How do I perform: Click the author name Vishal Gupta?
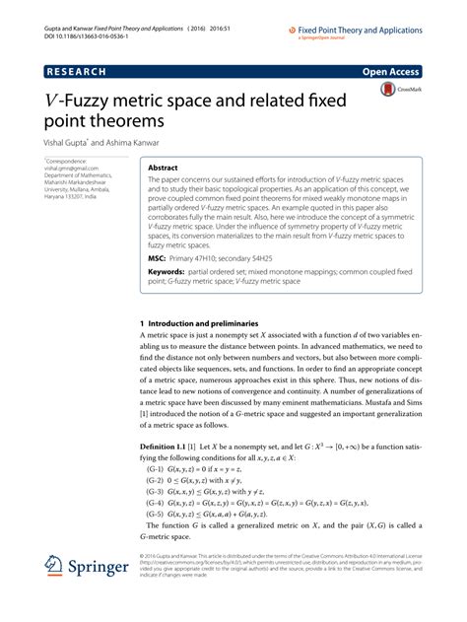point(73,142)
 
